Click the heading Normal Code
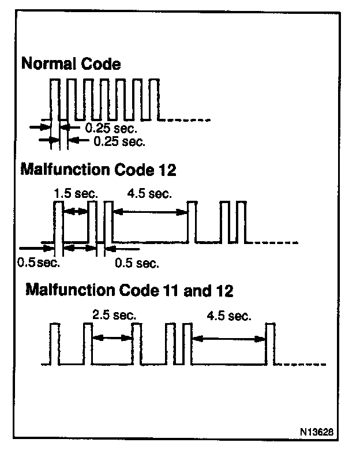pos(71,63)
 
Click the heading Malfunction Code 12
pos(98,170)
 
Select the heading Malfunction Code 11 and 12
pos(130,290)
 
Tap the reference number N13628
pos(316,432)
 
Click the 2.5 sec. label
pos(114,315)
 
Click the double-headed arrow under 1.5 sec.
pos(75,212)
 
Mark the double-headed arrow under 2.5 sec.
pos(112,339)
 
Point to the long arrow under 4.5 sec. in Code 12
pos(151,212)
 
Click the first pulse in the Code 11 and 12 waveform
pos(55,343)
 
